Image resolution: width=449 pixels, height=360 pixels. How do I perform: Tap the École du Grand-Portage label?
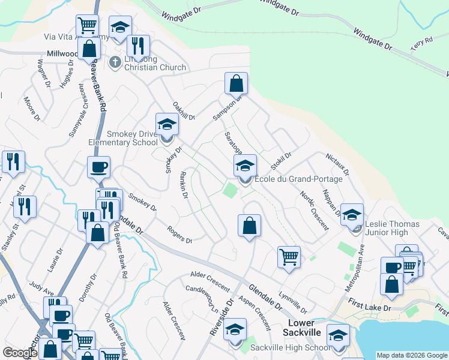(298, 179)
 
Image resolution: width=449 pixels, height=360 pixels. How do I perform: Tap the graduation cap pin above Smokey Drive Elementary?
(166, 125)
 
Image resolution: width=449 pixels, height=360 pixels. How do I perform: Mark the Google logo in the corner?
(20, 353)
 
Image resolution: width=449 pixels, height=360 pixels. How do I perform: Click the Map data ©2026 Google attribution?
(412, 355)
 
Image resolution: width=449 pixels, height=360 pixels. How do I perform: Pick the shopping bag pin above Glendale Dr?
(249, 226)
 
